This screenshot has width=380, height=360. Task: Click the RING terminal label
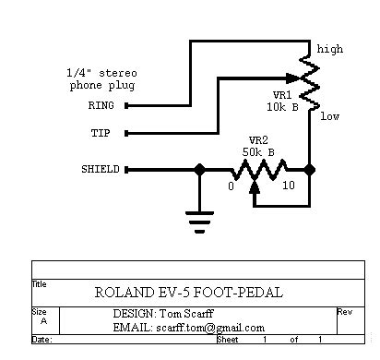(101, 105)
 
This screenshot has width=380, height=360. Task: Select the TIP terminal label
(101, 133)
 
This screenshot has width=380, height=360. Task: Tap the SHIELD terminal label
(101, 169)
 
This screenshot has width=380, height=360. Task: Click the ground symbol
(199, 222)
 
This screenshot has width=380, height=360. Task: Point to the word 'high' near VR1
(330, 49)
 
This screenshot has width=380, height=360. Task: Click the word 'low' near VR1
(330, 116)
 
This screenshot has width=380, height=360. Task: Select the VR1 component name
(282, 95)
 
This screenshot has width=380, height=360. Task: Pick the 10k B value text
(282, 107)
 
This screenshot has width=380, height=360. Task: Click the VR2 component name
(258, 140)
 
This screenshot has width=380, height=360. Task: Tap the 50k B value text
(258, 152)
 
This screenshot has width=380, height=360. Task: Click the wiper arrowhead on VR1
(292, 78)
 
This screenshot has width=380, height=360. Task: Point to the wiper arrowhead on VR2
(255, 187)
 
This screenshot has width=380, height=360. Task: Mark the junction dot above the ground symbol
(199, 170)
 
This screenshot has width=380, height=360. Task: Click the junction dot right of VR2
(310, 170)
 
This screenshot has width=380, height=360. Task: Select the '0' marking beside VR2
(231, 186)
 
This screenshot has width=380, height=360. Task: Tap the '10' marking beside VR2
(289, 186)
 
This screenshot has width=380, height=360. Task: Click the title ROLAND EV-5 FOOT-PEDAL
(189, 293)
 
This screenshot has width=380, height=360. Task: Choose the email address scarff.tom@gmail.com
(210, 328)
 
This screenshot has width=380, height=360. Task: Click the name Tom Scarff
(186, 314)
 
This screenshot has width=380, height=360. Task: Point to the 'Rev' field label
(345, 312)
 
